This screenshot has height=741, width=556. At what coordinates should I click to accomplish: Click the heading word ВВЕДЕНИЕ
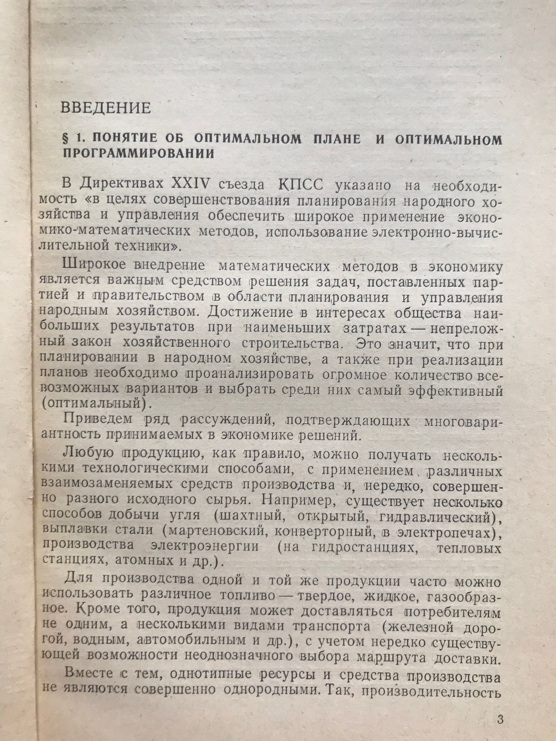(106, 108)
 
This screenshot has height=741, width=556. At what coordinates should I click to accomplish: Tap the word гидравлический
(437, 515)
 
